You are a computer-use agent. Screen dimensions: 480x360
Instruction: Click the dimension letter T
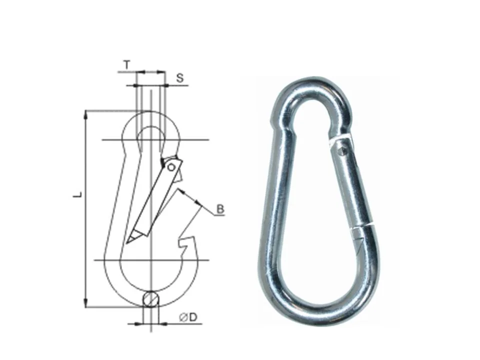[127, 65]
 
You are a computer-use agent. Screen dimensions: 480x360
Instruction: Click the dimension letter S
[180, 78]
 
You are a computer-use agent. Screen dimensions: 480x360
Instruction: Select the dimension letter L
[78, 194]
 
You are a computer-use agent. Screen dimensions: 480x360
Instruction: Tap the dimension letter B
[220, 209]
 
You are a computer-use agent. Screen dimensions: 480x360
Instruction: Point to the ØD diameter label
[188, 317]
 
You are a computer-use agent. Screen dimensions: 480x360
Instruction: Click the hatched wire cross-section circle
[151, 298]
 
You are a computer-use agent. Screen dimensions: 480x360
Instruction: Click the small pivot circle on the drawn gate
[171, 167]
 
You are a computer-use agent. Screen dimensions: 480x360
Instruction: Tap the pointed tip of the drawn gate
[126, 243]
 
